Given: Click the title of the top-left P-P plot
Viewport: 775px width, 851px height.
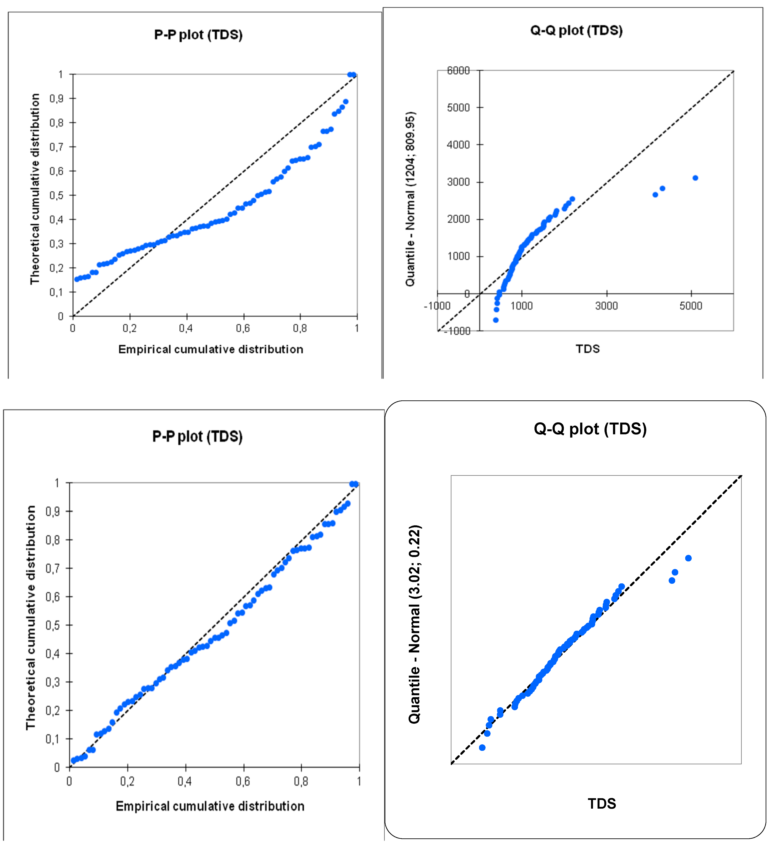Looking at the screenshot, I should click(x=198, y=35).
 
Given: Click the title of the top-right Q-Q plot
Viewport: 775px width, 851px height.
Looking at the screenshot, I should click(x=576, y=30).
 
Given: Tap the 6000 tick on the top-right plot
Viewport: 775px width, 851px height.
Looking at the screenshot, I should click(x=458, y=70).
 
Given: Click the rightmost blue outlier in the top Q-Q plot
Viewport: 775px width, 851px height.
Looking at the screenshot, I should click(x=695, y=178).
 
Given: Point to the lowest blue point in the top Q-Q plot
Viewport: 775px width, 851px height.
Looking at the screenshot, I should click(x=496, y=320).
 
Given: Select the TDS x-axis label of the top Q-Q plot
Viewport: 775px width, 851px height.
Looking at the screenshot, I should click(x=587, y=349).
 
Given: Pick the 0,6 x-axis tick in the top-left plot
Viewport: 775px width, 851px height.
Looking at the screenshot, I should click(x=243, y=328).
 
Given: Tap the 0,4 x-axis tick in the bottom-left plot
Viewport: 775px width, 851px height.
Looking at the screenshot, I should click(x=185, y=781).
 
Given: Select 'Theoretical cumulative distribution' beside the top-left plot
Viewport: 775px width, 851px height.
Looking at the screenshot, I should click(x=35, y=189).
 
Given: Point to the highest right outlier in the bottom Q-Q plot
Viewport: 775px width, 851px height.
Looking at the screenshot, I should click(x=688, y=558).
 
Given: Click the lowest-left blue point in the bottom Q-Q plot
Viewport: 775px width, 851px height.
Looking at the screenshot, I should click(x=482, y=748).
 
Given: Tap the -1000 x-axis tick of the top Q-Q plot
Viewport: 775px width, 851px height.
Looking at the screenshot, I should click(x=437, y=306).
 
